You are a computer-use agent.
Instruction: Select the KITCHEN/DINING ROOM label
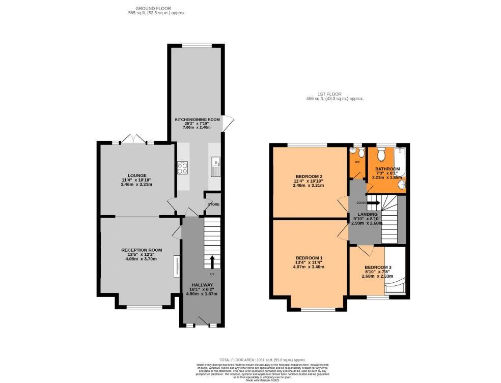click(197, 120)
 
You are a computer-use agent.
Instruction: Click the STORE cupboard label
click(213, 204)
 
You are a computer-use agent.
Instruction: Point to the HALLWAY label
click(202, 285)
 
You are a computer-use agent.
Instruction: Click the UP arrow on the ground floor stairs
click(212, 261)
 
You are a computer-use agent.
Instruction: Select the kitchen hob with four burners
click(183, 167)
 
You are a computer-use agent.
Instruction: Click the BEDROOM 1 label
click(309, 258)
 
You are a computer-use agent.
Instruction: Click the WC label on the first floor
click(357, 163)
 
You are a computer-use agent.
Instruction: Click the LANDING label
click(367, 215)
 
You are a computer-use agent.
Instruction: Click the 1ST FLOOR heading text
click(335, 95)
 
